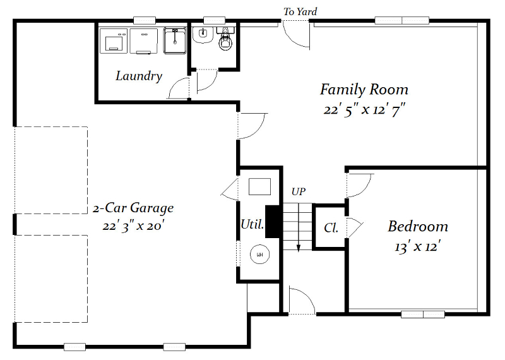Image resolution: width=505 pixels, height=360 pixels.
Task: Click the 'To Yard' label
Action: click(300, 12)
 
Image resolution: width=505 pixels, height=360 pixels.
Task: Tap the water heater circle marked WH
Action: click(259, 255)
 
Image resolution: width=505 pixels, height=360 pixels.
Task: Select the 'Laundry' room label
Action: click(139, 76)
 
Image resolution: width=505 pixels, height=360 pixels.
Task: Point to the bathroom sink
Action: click(203, 35)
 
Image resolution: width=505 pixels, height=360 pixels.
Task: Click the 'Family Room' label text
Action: click(364, 90)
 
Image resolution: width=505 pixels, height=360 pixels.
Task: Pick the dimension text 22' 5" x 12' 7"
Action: click(364, 111)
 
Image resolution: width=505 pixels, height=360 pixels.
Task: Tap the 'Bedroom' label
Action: click(418, 226)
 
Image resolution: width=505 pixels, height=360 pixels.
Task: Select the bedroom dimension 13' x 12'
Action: click(417, 247)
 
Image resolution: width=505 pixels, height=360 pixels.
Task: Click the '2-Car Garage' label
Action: click(133, 208)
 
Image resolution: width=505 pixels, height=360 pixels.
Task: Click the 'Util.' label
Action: click(252, 224)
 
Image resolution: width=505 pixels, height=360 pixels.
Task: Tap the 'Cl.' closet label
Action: click(331, 228)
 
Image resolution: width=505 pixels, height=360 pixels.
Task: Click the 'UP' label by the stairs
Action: click(298, 192)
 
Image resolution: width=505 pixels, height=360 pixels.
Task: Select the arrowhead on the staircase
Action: click(299, 248)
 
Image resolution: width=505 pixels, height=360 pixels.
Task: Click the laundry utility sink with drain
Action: click(175, 41)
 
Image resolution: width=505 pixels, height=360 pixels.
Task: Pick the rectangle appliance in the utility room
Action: click(259, 186)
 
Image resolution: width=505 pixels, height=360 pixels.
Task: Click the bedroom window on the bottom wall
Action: click(422, 315)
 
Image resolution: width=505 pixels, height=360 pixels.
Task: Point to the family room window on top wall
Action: click(402, 20)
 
